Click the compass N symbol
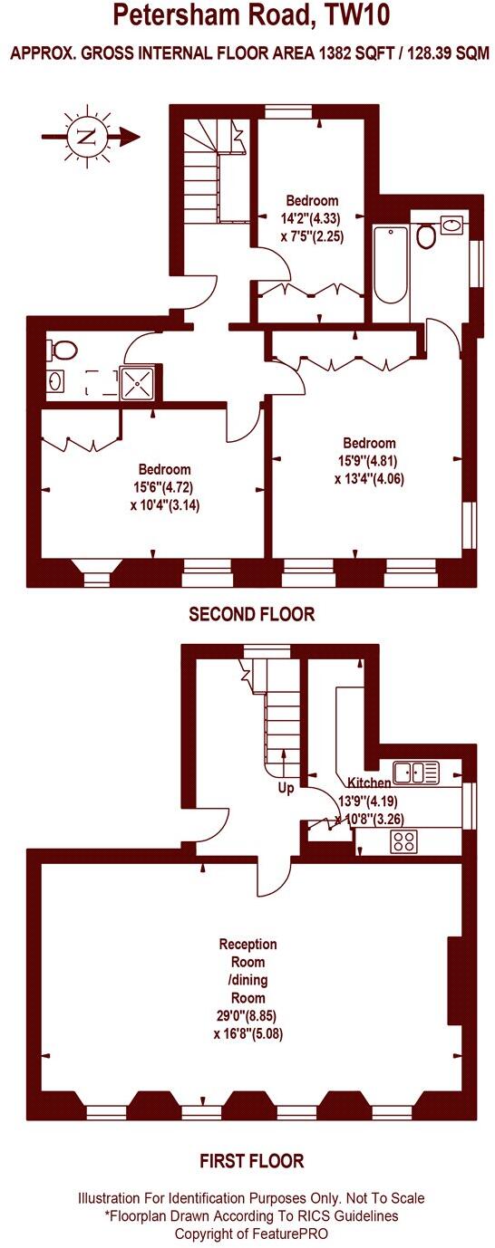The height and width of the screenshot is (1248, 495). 86,137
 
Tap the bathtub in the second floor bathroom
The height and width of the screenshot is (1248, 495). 391,264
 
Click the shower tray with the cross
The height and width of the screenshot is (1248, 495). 139,381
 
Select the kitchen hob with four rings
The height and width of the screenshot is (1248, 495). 403,841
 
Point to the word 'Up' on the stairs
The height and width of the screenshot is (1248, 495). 286,788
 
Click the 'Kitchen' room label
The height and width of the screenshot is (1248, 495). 370,782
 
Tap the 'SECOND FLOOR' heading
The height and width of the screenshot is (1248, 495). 251,614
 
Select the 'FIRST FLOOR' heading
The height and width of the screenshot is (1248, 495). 251,1161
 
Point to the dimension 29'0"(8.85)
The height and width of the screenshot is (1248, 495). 247,1015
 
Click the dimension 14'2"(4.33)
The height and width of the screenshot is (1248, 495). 311,217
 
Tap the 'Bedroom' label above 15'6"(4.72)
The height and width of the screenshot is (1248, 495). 164,469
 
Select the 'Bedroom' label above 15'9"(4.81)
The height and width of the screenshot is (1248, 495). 369,443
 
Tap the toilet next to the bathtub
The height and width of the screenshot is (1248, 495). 426,236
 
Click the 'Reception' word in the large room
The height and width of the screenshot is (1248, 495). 247,945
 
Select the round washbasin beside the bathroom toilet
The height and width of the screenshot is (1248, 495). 451,223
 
